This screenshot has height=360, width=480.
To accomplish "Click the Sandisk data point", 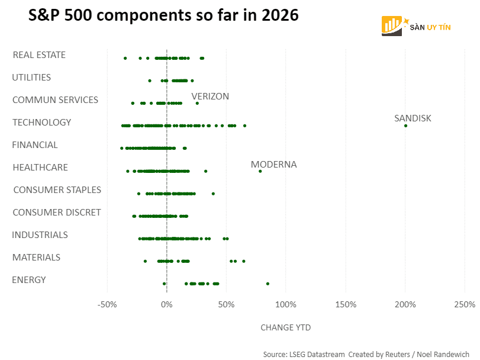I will [x=405, y=126].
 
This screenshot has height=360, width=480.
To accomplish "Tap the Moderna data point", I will [x=260, y=171].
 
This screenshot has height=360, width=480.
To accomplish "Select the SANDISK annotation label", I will [x=413, y=118].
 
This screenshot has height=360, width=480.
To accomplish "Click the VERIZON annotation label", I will [x=210, y=97].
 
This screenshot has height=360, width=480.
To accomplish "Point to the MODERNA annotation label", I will [x=273, y=165].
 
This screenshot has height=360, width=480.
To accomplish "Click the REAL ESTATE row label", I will [x=39, y=55].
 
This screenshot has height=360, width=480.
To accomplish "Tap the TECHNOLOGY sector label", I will [x=41, y=123].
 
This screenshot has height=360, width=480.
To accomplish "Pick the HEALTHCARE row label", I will [x=40, y=168].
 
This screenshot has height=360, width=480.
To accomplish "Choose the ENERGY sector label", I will [x=28, y=280].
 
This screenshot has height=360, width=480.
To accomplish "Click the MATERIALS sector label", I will [x=36, y=258].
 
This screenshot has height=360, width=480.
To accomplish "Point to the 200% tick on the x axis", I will [x=405, y=305].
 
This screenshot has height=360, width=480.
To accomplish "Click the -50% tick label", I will [x=107, y=305].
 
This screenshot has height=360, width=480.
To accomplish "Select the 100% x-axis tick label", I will [x=286, y=305].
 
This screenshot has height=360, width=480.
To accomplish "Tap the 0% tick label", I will [x=167, y=305].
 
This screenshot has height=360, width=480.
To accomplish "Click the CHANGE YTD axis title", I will [x=285, y=327].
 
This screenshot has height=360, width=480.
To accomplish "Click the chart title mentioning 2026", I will [x=163, y=17].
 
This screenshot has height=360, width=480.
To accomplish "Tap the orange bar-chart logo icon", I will [x=392, y=25].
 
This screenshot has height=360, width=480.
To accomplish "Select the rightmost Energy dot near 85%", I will [x=268, y=284].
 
